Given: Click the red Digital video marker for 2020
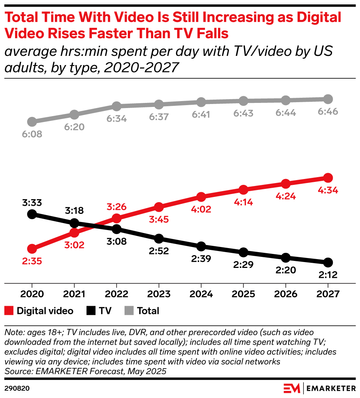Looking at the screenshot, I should click(32, 249).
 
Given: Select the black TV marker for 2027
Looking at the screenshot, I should click(328, 262).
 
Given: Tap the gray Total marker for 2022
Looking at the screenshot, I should click(116, 106).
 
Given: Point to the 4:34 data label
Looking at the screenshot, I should click(328, 191).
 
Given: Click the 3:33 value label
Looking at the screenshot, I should click(32, 202).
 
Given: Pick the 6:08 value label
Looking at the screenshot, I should click(32, 134).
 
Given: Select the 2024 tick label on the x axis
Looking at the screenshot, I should click(201, 294).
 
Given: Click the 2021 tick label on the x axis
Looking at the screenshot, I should click(74, 294).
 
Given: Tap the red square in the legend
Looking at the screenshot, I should click(9, 311).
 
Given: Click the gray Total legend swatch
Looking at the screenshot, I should click(129, 311).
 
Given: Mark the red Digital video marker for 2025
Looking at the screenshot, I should click(243, 190).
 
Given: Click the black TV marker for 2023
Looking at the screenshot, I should click(159, 239).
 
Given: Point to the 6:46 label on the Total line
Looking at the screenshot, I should click(328, 112).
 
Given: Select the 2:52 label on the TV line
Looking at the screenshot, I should click(159, 251).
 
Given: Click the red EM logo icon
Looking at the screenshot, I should click(292, 388).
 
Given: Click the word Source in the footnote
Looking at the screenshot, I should click(16, 372).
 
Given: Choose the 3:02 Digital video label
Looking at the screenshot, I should click(74, 245).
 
